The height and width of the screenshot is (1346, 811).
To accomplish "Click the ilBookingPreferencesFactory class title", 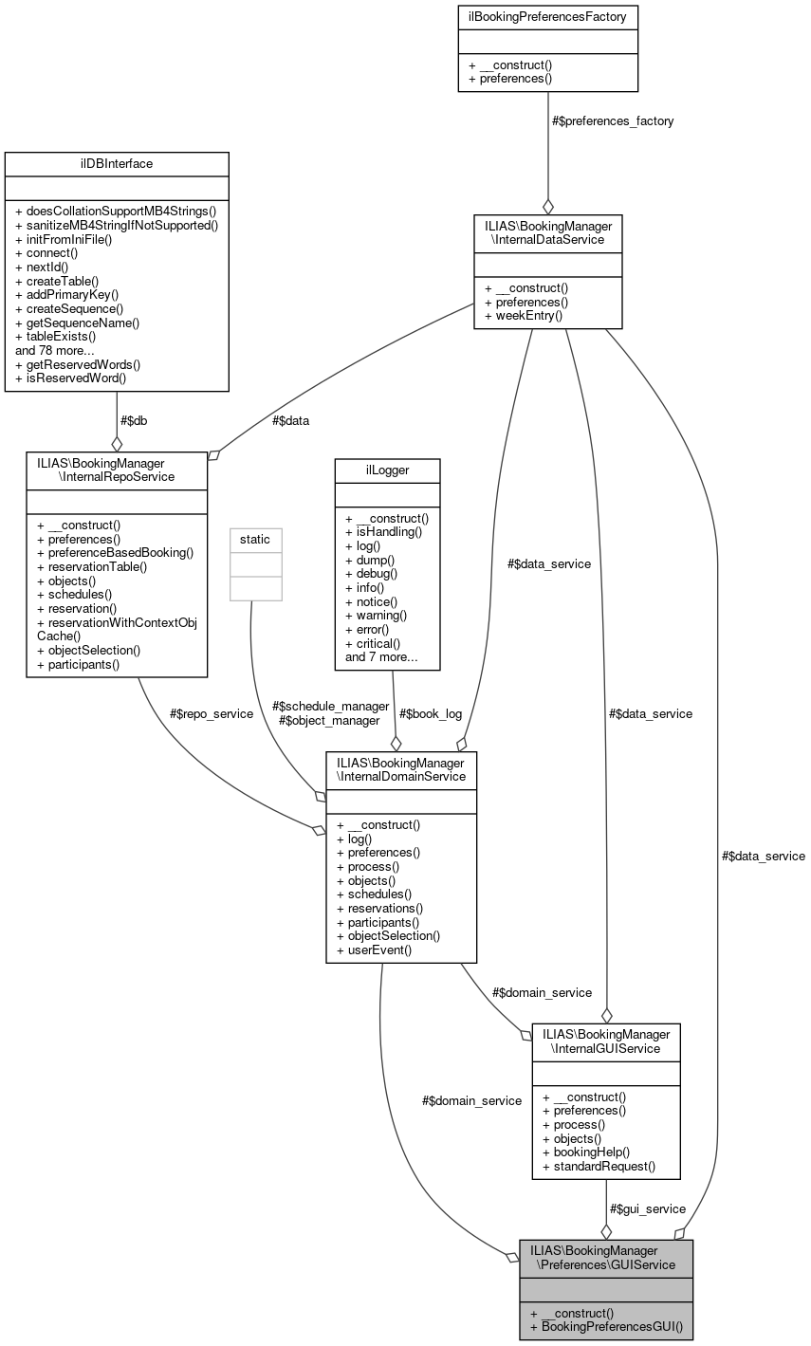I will (547, 16).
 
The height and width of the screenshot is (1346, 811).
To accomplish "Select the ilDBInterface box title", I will (117, 163).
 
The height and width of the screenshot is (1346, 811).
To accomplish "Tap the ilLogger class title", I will (386, 470).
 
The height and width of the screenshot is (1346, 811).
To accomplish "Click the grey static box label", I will (254, 539).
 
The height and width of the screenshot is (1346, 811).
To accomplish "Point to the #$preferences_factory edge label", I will (612, 121).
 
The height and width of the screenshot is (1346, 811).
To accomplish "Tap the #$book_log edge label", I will (431, 712).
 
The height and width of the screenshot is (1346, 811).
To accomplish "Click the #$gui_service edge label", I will (647, 1208).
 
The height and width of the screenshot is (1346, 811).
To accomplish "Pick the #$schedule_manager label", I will (330, 706).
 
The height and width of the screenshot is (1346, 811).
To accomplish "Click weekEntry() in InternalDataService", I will (523, 315).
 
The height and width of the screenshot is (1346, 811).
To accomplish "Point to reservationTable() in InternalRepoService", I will (92, 566).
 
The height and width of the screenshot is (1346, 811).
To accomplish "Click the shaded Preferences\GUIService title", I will (605, 1257).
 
